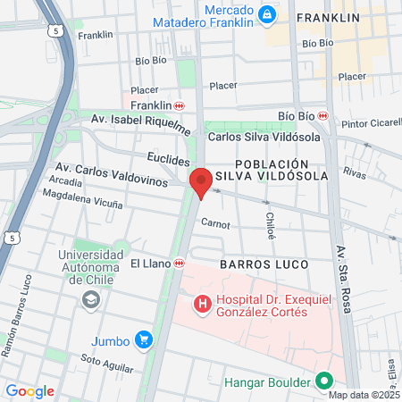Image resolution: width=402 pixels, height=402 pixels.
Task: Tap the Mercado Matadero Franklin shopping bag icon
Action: tap(265, 15)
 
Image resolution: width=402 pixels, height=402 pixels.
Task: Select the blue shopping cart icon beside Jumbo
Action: tap(143, 339)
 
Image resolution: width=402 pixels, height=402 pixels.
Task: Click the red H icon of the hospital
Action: tap(203, 305)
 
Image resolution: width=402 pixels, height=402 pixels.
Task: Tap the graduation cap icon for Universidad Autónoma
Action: tap(90, 301)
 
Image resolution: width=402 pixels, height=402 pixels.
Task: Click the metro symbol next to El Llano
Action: tap(180, 264)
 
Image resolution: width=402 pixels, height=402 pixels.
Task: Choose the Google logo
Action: tap(29, 390)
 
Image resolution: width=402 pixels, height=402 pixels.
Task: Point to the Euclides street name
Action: tap(168, 158)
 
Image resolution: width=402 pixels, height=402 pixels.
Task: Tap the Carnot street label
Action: tap(215, 223)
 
